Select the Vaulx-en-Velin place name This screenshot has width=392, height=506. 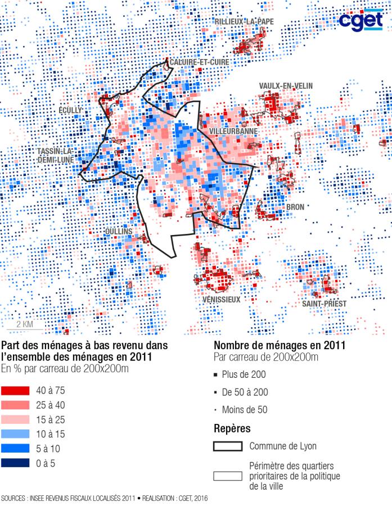pos(286,85)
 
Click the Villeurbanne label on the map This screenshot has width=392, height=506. pos(233,131)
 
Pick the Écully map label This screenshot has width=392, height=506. pos(70,110)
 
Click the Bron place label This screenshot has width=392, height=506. pos(295,207)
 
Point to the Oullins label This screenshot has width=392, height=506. pos(119,232)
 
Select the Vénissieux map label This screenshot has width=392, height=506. pos(221,300)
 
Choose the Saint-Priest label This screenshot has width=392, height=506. pos(323,304)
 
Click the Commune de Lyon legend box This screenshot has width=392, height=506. pos(228,447)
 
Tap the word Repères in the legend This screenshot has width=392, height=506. pos(232,429)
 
